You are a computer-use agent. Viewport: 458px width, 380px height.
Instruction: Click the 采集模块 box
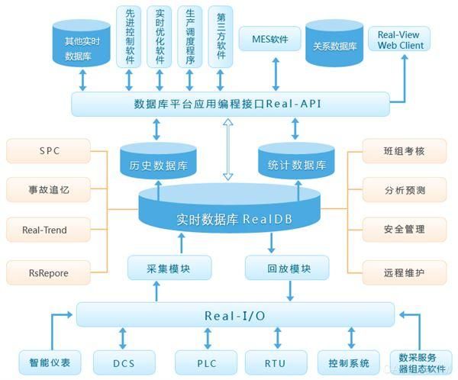(x=159, y=269)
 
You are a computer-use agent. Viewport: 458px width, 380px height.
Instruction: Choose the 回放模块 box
(x=286, y=269)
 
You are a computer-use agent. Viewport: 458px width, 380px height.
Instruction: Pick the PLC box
(x=205, y=362)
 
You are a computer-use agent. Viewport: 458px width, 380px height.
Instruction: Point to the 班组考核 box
(x=404, y=151)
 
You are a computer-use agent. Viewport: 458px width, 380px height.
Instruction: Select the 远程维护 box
(x=404, y=270)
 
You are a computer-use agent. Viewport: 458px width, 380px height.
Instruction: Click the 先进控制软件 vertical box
(x=129, y=36)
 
